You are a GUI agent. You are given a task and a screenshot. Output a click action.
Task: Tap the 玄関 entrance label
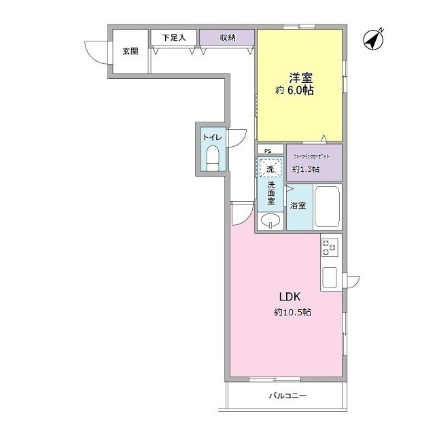point(130,51)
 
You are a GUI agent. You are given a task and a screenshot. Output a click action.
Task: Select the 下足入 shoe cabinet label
point(173,37)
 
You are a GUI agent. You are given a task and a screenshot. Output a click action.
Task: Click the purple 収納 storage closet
point(227,37)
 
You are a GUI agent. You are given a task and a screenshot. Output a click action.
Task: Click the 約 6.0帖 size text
point(294,90)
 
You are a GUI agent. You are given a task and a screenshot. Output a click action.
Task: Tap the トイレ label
point(211,137)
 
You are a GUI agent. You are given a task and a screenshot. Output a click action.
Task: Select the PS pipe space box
point(269,150)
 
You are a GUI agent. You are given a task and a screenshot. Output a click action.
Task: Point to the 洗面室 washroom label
point(271,193)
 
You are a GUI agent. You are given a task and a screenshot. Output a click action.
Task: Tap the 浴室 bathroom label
point(298,205)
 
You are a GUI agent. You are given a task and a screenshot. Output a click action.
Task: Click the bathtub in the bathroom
point(328,207)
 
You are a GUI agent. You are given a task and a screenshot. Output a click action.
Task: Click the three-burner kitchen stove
point(330,248)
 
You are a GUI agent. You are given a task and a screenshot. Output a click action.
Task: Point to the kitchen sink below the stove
point(330,277)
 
